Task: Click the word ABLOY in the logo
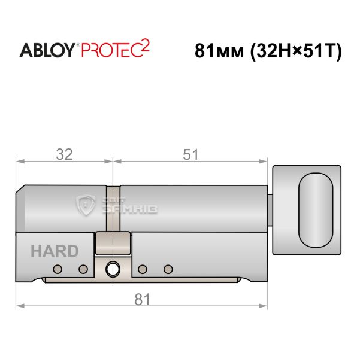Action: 47,50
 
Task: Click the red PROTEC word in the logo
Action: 111,50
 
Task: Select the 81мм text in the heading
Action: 219,51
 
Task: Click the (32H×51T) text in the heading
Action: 296,51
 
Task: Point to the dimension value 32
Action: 64,154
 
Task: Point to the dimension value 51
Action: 190,154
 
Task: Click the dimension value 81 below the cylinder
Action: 142,299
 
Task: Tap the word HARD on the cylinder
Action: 55,251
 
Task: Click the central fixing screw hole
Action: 113,269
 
